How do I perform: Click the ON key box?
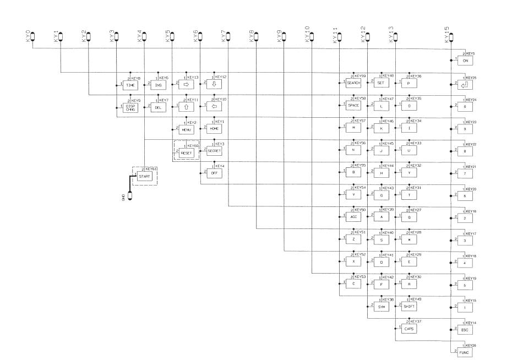pos(465,61)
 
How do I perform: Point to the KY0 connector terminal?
pos(32,37)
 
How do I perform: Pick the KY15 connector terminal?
pos(451,37)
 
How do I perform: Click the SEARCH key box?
pos(353,83)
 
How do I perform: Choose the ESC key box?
pos(465,329)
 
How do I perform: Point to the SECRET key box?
pos(214,150)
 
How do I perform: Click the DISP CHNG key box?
pos(130,108)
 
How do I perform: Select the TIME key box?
pos(130,85)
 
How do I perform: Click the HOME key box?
pos(214,128)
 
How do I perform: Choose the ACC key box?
pos(353,217)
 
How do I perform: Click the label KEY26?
pos(470,345)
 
